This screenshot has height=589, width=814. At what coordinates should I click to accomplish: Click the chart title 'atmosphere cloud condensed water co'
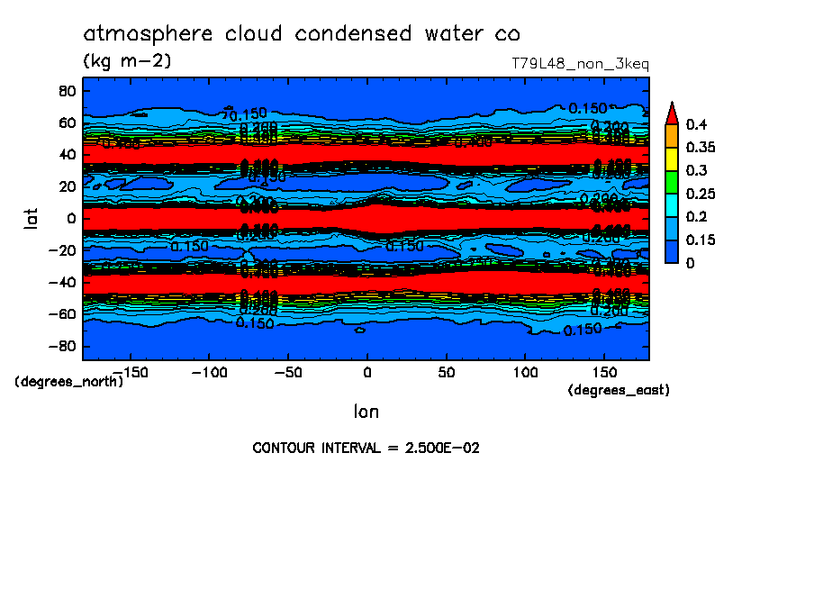302,34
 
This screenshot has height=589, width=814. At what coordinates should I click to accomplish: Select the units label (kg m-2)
127,60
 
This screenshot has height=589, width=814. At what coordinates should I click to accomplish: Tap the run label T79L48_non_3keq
580,64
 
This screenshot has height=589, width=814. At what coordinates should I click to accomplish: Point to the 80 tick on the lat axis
66,90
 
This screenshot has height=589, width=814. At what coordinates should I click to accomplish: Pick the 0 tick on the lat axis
70,218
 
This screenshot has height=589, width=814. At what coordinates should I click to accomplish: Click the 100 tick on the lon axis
525,371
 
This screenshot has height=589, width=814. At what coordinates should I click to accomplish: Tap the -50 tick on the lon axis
288,371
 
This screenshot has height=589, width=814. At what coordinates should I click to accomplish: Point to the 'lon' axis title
366,412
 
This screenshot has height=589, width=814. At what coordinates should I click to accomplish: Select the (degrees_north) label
69,381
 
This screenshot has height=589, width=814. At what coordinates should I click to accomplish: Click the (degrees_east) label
619,390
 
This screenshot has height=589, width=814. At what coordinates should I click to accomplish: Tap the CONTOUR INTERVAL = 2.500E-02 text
366,448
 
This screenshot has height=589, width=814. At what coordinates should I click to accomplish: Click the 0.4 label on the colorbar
694,124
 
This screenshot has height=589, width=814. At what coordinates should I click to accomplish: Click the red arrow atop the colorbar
671,113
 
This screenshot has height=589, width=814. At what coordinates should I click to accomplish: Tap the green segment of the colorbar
671,182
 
